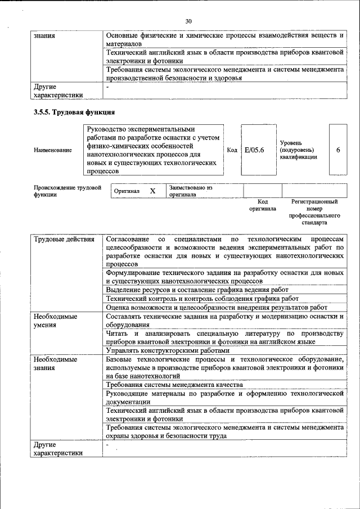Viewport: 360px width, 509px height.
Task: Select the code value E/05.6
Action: (254, 150)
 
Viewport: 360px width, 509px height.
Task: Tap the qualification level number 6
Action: (337, 150)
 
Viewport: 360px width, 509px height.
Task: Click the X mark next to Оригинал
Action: (152, 191)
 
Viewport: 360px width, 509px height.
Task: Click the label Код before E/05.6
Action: (232, 150)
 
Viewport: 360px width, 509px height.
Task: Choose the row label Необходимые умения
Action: (55, 321)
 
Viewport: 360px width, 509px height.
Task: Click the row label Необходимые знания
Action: (55, 363)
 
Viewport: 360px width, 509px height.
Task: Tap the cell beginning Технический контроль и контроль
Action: (202, 298)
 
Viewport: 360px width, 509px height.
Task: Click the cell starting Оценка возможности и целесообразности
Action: (217, 307)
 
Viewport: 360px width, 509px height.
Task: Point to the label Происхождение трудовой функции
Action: (67, 191)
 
